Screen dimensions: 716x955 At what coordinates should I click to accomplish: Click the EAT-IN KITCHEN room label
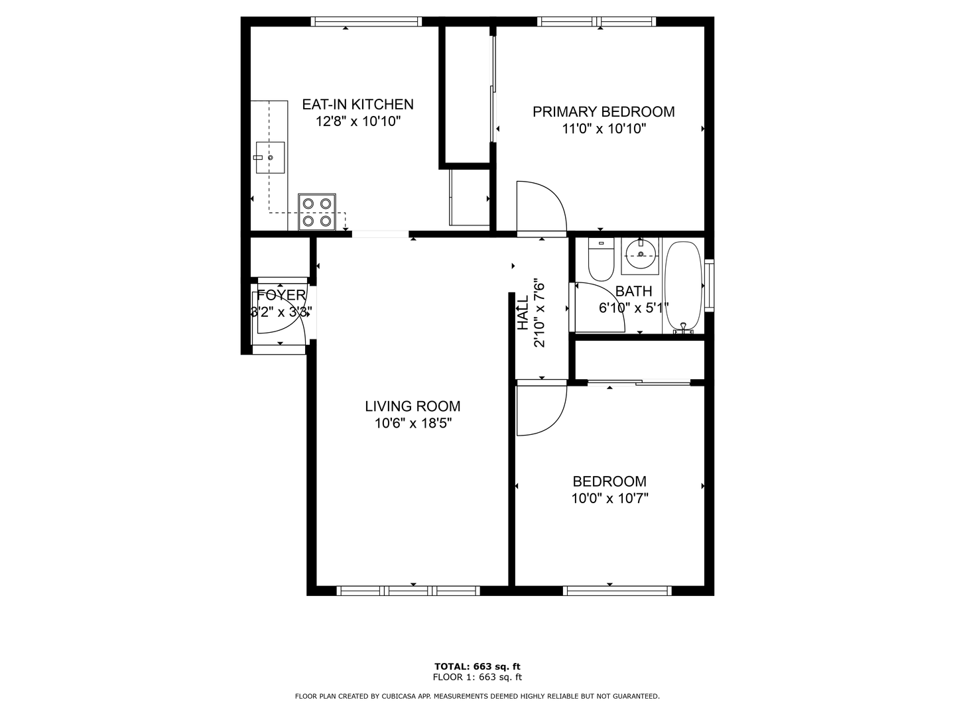357,104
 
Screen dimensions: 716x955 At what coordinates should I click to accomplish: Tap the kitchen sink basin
271,158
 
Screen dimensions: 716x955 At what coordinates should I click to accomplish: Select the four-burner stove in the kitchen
317,211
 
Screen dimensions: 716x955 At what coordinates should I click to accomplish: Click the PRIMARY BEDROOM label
604,112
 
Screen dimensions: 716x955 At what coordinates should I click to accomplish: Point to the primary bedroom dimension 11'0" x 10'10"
604,129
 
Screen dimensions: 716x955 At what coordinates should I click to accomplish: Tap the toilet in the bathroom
602,260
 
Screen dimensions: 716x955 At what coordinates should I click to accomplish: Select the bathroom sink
640,256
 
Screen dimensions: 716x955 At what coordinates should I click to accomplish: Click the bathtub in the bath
683,286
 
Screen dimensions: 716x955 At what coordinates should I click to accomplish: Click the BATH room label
633,291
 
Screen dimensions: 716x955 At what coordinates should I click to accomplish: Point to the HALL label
523,314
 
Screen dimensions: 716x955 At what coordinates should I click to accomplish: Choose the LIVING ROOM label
413,406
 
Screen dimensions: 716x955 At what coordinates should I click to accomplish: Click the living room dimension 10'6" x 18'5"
413,424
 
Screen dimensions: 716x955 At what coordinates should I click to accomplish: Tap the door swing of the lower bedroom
541,409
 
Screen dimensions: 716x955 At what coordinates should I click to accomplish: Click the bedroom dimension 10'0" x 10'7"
609,499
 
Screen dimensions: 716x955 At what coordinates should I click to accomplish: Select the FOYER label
281,296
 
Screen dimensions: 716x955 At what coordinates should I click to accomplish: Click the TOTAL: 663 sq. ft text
477,666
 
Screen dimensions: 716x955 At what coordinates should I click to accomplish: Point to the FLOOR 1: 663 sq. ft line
477,678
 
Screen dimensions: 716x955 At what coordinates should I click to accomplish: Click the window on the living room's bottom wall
408,591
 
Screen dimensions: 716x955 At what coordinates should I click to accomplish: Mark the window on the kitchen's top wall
366,21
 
